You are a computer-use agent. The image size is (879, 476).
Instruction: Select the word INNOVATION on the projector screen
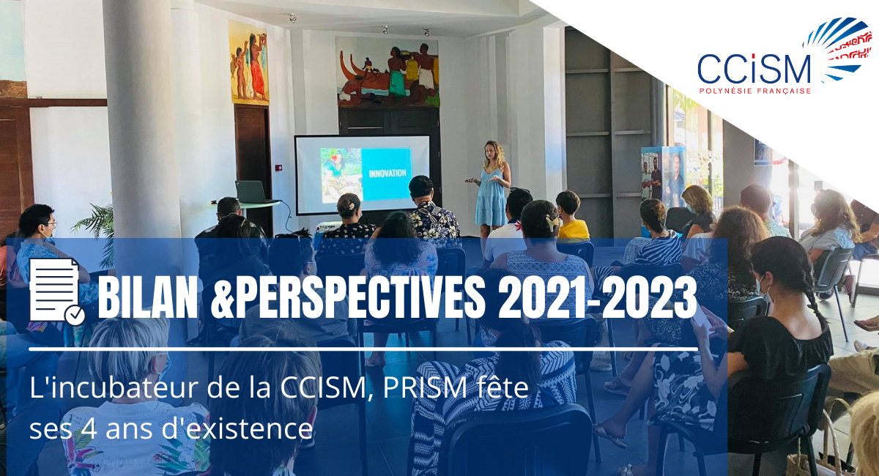387,173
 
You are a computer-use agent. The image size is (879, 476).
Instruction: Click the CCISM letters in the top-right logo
754,69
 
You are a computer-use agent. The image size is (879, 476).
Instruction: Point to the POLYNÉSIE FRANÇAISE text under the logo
755,91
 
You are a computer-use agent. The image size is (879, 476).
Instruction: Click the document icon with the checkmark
57,291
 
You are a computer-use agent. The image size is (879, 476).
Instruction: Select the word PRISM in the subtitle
425,388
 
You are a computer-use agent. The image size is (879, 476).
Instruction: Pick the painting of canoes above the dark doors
387,72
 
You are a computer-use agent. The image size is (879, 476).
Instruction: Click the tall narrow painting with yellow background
249,63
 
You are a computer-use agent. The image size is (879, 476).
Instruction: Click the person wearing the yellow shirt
572,216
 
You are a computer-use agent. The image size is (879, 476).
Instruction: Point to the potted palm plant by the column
95,231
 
